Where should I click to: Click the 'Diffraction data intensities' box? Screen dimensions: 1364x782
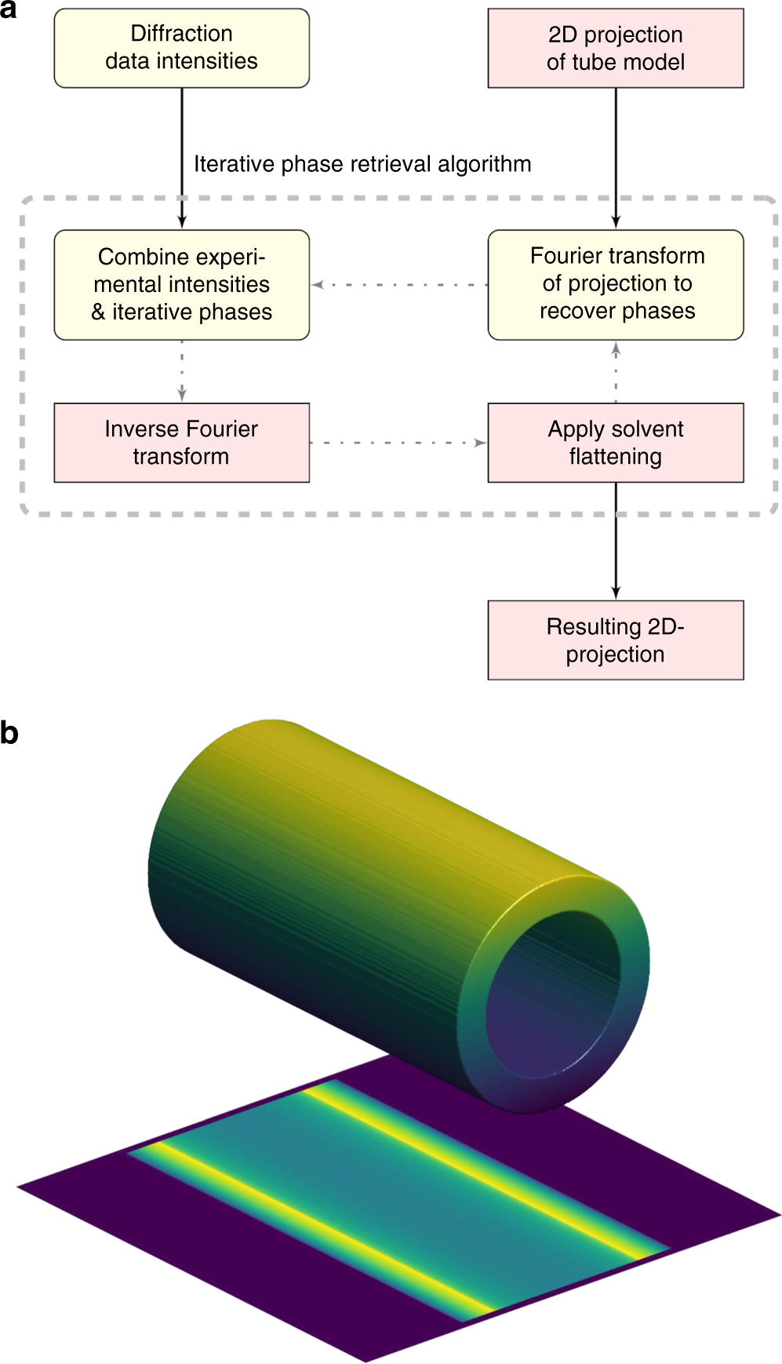pos(181,48)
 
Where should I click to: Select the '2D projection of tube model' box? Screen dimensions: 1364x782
pos(616,48)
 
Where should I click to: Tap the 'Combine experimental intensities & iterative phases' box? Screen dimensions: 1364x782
pos(181,284)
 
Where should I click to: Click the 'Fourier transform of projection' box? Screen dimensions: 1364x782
pos(616,284)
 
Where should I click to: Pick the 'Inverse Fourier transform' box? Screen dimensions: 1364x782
pos(181,443)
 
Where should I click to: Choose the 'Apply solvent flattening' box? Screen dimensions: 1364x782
pos(616,443)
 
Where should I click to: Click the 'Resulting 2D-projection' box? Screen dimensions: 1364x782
pos(616,640)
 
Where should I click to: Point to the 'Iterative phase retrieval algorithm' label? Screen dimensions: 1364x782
pos(362,164)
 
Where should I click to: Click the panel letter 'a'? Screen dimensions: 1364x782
pos(9,9)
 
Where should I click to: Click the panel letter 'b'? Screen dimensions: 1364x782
pos(9,732)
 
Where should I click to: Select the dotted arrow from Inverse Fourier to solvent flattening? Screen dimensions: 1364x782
pos(398,443)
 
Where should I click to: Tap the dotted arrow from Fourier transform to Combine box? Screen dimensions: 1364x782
pos(398,285)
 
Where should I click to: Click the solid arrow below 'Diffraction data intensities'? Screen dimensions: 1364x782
pos(182,157)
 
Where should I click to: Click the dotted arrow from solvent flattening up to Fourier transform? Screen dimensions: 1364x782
pos(616,371)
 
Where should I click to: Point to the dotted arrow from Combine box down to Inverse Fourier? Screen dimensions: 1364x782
pos(182,371)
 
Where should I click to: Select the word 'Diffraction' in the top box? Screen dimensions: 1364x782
pos(181,34)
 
